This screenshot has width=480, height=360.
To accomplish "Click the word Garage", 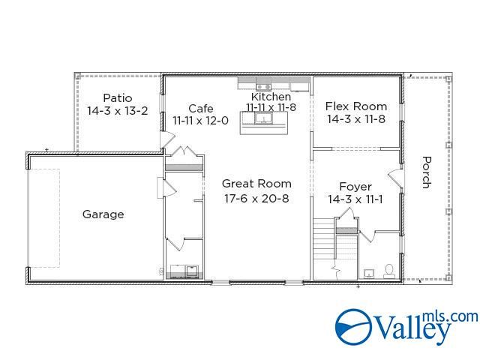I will click(x=103, y=214).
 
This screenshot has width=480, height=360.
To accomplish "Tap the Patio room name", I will click(x=117, y=98).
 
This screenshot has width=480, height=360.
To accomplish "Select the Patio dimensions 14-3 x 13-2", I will click(x=117, y=110).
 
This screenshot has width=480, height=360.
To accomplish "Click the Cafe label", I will click(x=200, y=109).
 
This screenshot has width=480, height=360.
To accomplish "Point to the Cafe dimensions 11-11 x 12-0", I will click(x=200, y=120).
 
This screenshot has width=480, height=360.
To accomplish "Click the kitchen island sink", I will click(x=263, y=117).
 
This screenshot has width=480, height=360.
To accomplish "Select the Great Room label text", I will click(x=256, y=184).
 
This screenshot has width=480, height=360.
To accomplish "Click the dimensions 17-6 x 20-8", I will click(x=256, y=199).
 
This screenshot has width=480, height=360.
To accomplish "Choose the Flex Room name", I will click(x=355, y=106).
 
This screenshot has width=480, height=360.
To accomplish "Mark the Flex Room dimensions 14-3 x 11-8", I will click(x=355, y=118).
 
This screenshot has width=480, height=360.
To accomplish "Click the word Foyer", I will click(x=355, y=187).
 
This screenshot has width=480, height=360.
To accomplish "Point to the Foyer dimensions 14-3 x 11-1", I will click(x=355, y=199).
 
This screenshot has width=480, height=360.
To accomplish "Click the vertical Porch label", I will click(x=426, y=172).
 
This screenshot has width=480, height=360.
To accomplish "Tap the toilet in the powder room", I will click(x=388, y=271).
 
